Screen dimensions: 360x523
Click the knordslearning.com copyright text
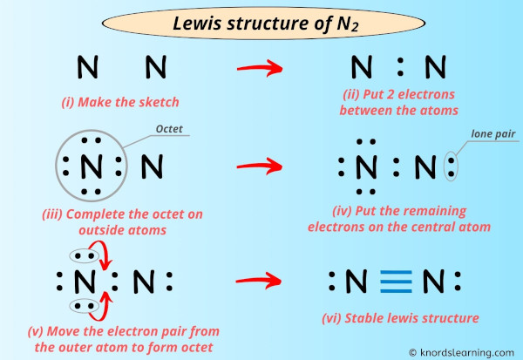coord(461,351)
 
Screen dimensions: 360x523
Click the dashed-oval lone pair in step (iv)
coord(451,165)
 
